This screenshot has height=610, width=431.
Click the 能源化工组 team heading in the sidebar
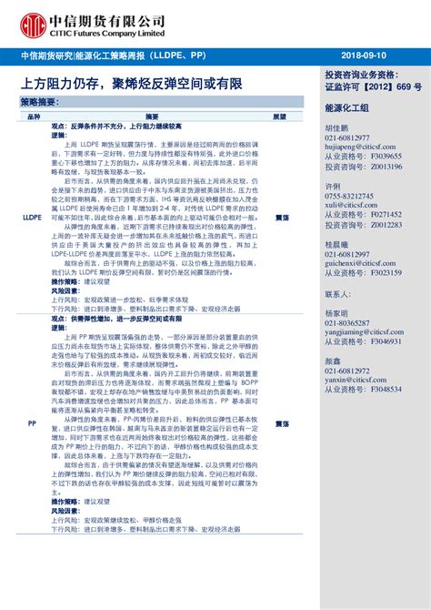click(346, 107)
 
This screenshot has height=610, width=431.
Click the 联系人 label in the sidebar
click(337, 295)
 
